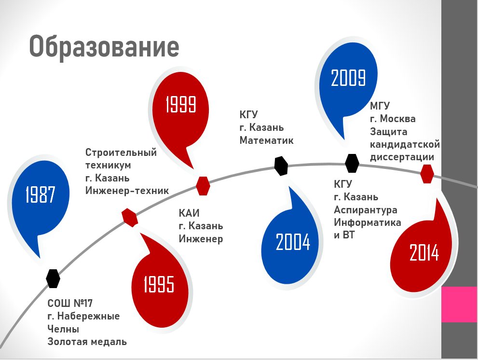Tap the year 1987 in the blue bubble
[40, 194]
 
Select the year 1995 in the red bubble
[159, 284]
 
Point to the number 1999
[180, 104]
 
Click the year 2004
[293, 242]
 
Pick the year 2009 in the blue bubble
[348, 78]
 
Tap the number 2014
[424, 252]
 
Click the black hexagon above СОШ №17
[53, 278]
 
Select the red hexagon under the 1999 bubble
[203, 186]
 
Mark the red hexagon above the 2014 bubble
[427, 174]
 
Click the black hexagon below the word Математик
[281, 166]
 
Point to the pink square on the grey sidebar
[460, 304]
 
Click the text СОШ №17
[70, 303]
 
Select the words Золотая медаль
[87, 342]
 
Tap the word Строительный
[121, 152]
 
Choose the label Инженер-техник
[127, 191]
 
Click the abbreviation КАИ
[189, 213]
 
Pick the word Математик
[266, 140]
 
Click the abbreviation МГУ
[380, 106]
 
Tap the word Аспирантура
[366, 210]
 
